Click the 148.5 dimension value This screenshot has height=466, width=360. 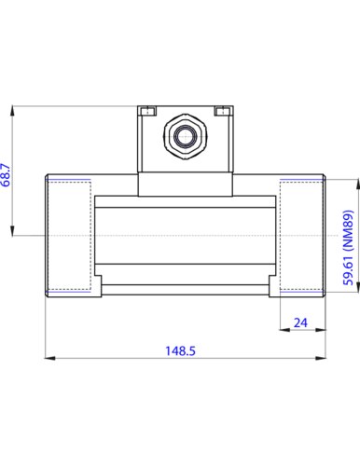point(180,350)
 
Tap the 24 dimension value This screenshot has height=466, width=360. point(300,323)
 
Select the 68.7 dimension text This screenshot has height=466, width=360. point(6,175)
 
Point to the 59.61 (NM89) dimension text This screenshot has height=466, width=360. point(349,248)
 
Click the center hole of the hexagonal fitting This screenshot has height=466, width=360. point(186,136)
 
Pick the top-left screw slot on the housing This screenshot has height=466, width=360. point(147,111)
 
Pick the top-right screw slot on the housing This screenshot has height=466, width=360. point(223,111)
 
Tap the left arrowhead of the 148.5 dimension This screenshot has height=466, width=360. point(49,358)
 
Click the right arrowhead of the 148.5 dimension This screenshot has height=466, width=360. point(321,358)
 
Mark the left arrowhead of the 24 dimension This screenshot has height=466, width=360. point(284,330)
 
